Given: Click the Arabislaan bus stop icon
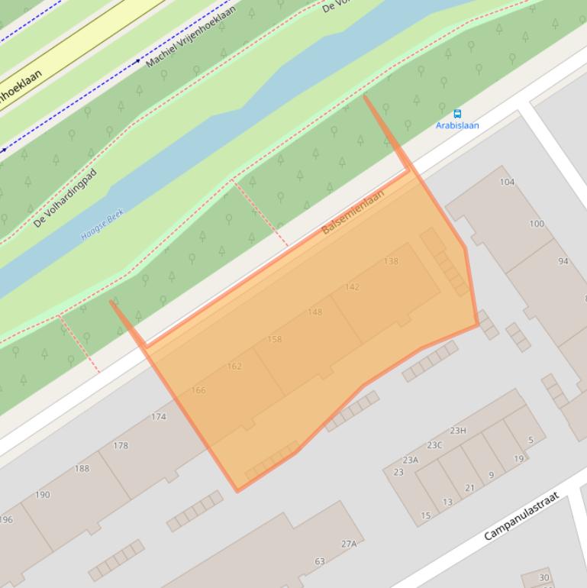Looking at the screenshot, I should [457, 114].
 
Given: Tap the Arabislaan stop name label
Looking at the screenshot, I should [457, 125].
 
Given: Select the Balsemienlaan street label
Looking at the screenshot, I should [353, 212].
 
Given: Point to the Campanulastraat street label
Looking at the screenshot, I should [521, 516].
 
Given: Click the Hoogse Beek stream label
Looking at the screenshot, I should [102, 227].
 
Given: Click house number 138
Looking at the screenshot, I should [391, 261].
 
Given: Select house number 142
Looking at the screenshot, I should [352, 287].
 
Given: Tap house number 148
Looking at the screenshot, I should [314, 312].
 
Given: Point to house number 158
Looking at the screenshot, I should [275, 339].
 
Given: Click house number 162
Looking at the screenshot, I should [234, 367].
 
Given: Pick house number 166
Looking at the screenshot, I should [198, 390].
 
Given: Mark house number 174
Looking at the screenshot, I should [159, 417].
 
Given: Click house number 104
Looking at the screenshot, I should [507, 182].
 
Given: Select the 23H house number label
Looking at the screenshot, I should [457, 431].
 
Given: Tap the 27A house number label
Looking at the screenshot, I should [349, 544].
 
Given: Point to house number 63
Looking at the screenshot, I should [320, 562].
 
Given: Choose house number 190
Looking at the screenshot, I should [43, 495].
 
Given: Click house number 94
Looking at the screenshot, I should [563, 261].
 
